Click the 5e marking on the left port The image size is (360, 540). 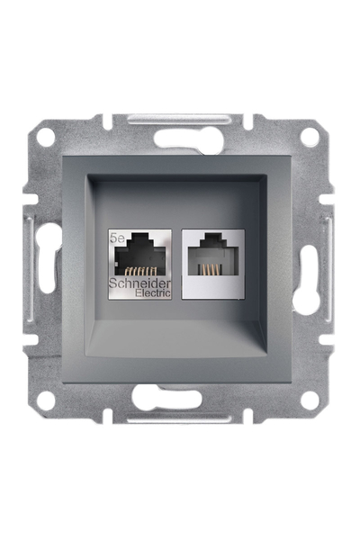pyautogui.click(x=115, y=238)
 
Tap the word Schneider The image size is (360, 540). pyautogui.click(x=138, y=283)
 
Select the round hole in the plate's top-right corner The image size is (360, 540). pyautogui.click(x=309, y=137)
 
